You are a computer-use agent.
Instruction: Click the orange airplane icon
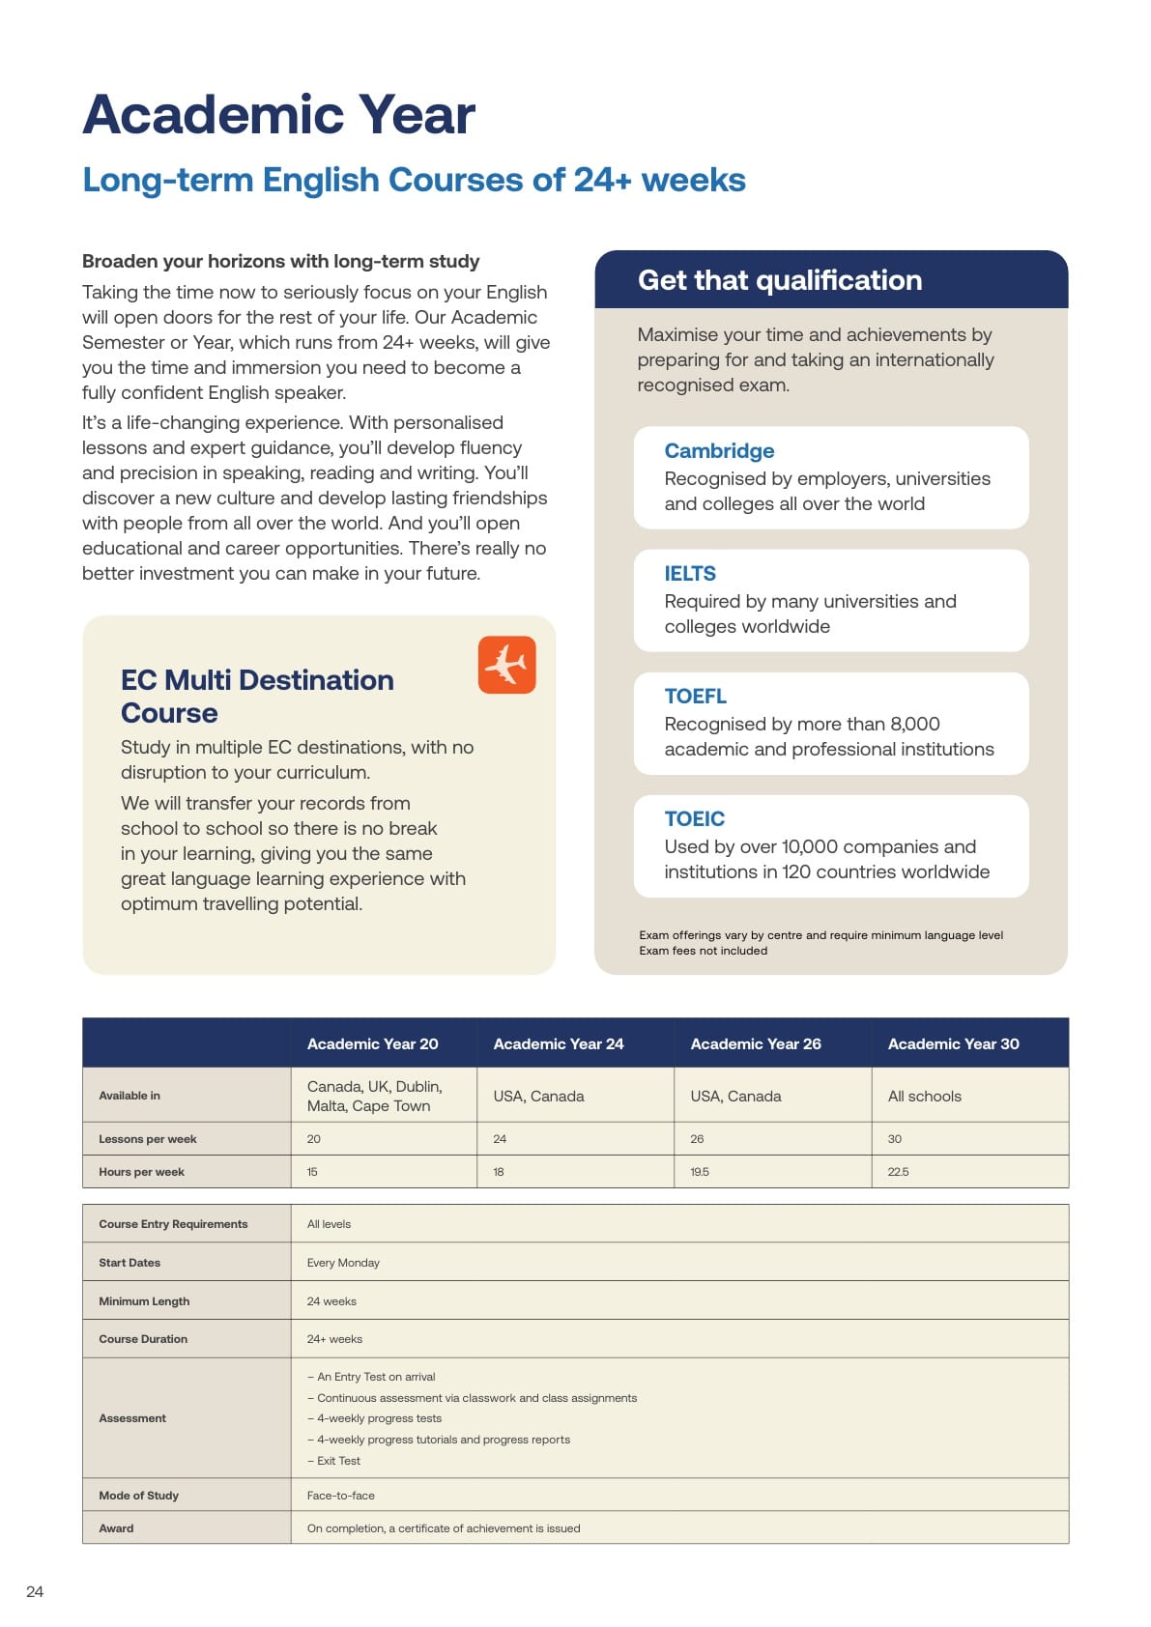point(506,665)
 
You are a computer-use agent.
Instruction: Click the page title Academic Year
point(278,115)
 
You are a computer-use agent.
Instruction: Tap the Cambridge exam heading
point(719,451)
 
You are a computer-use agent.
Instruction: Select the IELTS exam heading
point(690,574)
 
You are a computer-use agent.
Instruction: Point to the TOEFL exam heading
point(695,697)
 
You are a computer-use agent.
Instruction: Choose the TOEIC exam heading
point(694,819)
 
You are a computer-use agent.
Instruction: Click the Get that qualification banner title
point(779,280)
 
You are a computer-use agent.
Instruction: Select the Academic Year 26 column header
point(756,1043)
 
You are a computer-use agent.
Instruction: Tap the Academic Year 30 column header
point(953,1043)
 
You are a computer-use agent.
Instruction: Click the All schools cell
point(924,1097)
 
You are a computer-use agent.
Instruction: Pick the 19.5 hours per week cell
point(700,1172)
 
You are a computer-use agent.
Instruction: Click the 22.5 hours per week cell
point(898,1172)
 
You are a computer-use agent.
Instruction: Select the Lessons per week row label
point(147,1139)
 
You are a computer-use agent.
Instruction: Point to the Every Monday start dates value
point(343,1263)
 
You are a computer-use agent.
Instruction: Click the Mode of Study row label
point(138,1496)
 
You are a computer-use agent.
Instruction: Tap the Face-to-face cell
point(340,1496)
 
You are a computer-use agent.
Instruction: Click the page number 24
point(35,1591)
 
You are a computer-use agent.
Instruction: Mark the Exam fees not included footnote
point(703,951)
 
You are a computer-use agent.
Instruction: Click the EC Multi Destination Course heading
point(257,697)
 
